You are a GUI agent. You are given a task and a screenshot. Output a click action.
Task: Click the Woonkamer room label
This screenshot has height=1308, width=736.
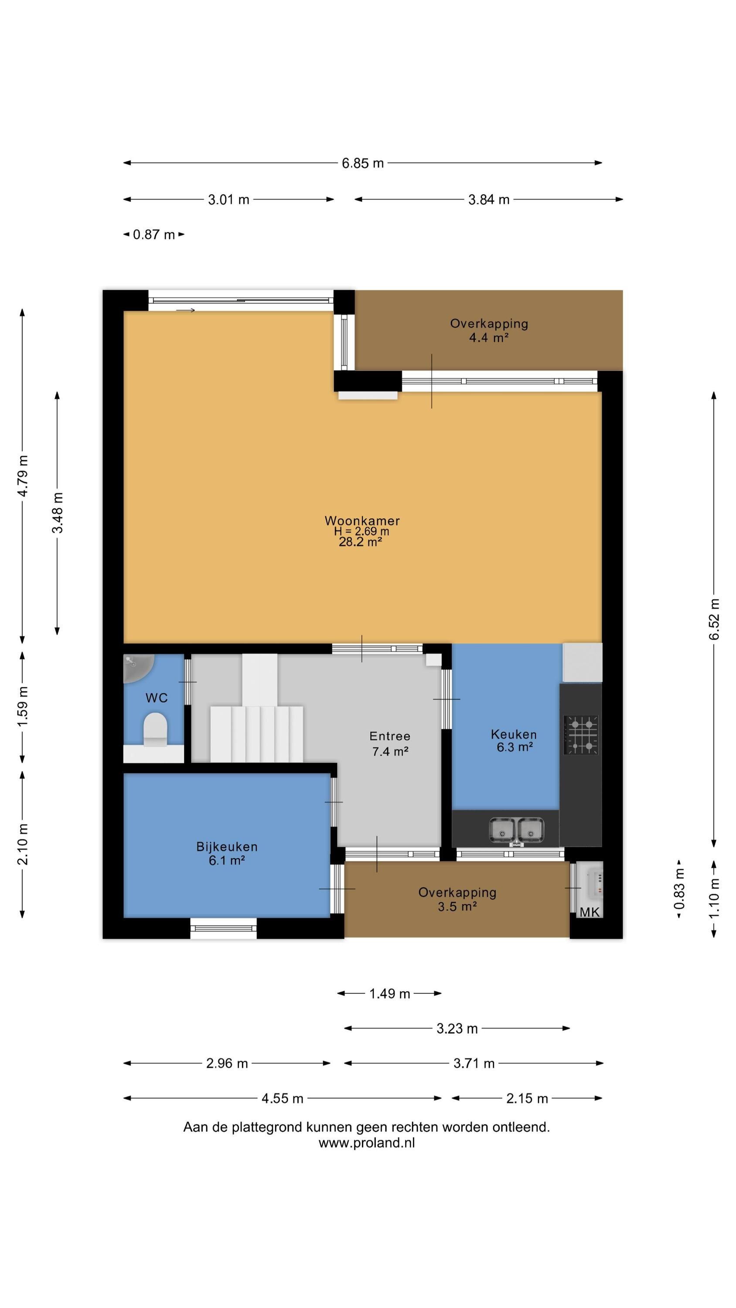click(362, 521)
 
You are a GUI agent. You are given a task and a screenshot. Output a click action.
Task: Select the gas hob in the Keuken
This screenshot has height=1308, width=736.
click(581, 735)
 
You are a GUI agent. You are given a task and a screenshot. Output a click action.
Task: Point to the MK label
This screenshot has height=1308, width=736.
click(589, 912)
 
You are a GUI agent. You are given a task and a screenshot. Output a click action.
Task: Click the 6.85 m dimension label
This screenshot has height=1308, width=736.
click(363, 163)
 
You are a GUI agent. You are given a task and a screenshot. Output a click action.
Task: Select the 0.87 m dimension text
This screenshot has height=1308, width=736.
click(154, 235)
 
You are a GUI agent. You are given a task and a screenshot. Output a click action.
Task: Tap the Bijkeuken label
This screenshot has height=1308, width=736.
click(227, 846)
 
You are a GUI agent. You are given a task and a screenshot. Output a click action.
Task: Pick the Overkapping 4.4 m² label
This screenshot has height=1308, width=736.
click(489, 330)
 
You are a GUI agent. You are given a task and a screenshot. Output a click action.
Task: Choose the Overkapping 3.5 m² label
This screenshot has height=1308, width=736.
click(457, 899)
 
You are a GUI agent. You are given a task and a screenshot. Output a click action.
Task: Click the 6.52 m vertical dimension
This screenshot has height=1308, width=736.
click(714, 619)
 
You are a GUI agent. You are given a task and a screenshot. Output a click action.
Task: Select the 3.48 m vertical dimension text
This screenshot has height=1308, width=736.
click(58, 513)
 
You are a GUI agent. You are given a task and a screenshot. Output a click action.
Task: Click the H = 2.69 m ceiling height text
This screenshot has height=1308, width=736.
click(361, 531)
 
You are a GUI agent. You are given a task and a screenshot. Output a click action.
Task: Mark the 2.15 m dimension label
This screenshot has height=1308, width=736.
click(527, 1098)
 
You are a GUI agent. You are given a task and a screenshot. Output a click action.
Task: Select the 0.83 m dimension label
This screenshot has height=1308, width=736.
click(679, 889)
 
